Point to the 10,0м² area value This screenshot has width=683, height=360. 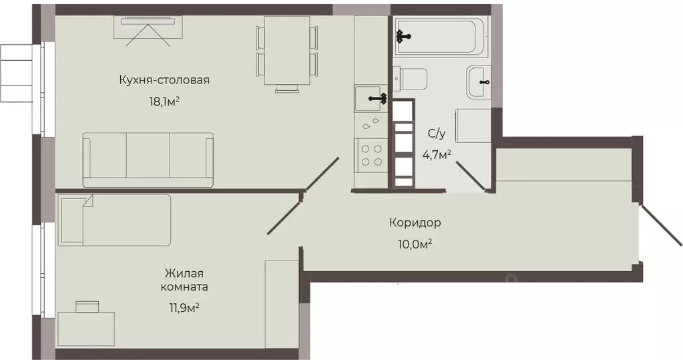click(415, 244)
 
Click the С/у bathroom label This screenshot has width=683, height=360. click(436, 134)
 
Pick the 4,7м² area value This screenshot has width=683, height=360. click(437, 154)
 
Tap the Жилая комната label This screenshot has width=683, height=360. click(184, 280)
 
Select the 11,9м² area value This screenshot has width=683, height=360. click(184, 307)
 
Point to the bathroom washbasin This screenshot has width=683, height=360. click(479, 81)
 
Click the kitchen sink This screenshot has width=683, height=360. click(371, 99)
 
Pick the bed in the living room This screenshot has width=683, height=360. click(115, 220)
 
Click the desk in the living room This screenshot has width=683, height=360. click(85, 328)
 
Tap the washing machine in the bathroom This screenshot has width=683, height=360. click(472, 126)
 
